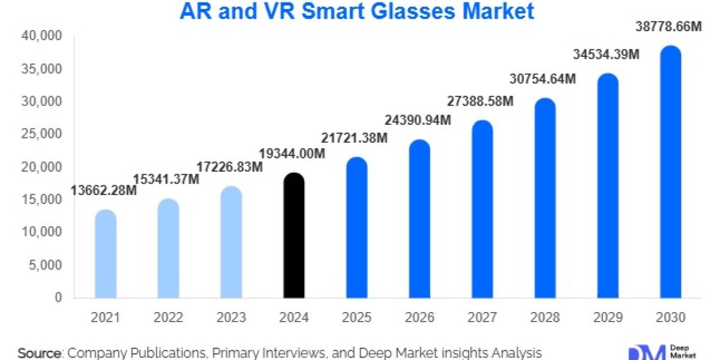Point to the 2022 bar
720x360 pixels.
pos(169,248)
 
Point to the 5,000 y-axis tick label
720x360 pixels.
pos(48,265)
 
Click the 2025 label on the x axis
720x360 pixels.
pos(357,317)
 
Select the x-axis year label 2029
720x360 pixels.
pos(608,317)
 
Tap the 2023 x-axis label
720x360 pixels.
pos(232,317)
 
